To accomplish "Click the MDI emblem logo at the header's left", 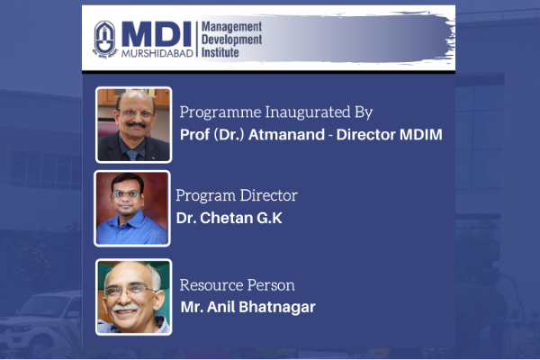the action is coord(105,39).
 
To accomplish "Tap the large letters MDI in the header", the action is coord(157,34).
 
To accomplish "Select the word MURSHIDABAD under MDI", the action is coord(157,53).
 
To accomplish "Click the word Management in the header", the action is coord(232,27).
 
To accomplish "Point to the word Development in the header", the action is coord(232,40).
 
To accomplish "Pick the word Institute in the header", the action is coord(220,52).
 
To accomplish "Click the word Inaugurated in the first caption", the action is coord(308,112).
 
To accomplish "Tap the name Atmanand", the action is coord(286,134).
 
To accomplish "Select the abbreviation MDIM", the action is coord(421,134).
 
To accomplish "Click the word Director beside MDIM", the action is coord(366,134).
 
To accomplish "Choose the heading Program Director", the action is coord(237,195).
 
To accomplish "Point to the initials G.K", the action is coord(269,218).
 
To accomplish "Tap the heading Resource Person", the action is coord(238,285).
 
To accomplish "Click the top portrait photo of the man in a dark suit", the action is coord(133,125).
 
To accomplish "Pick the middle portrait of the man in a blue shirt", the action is coord(132,209).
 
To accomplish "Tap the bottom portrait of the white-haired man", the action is coord(133,297).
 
